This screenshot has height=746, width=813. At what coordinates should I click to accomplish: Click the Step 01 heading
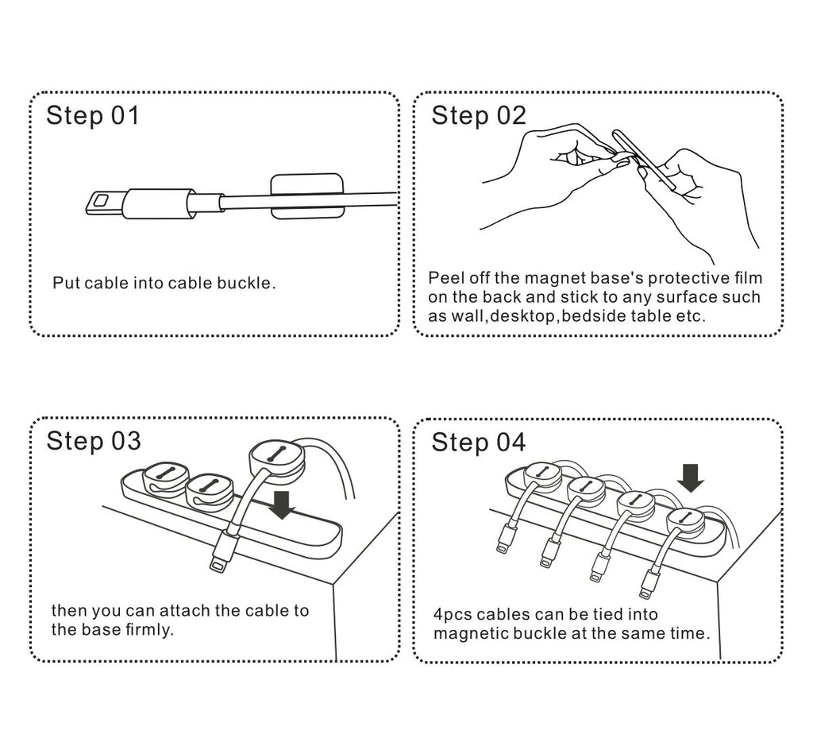[92, 116]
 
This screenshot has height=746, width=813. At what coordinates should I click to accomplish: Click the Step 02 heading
[478, 116]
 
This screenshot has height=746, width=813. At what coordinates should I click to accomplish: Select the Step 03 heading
[93, 441]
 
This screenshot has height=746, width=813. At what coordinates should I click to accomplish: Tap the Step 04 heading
[478, 442]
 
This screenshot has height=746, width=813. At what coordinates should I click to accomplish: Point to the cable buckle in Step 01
[306, 196]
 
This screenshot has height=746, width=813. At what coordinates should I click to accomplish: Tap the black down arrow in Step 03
[281, 503]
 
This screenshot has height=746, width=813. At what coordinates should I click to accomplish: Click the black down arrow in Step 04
[692, 477]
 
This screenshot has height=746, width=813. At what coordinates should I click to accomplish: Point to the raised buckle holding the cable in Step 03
[276, 459]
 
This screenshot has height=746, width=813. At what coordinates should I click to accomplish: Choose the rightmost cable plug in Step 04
[649, 583]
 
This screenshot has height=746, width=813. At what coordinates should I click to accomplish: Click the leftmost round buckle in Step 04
[542, 474]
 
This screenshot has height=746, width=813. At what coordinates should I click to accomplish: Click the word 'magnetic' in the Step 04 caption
[469, 633]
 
